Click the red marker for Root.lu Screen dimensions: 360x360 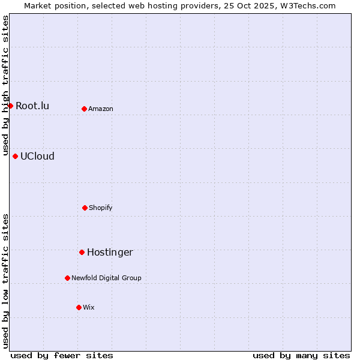[x=10, y=106]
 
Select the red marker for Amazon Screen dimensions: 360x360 [x=85, y=109]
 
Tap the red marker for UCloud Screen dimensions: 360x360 [x=16, y=156]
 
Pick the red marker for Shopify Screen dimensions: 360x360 [x=85, y=208]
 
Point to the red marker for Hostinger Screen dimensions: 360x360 [x=82, y=252]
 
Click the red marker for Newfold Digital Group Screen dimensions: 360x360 [x=67, y=278]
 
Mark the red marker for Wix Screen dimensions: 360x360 [x=79, y=307]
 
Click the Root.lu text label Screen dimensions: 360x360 [x=32, y=106]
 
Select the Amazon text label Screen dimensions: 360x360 [x=101, y=109]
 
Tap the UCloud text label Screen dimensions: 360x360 [x=37, y=157]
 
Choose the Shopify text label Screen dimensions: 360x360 [x=101, y=208]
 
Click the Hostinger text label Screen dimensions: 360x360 [x=110, y=253]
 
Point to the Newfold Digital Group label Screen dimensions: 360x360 [x=106, y=278]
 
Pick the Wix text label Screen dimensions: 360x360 [x=89, y=308]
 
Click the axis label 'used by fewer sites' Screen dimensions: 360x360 [x=62, y=355]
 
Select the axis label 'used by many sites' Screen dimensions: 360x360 [x=301, y=355]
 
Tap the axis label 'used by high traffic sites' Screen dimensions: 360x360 [x=6, y=85]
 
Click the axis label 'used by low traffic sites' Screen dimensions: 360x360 [x=6, y=281]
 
